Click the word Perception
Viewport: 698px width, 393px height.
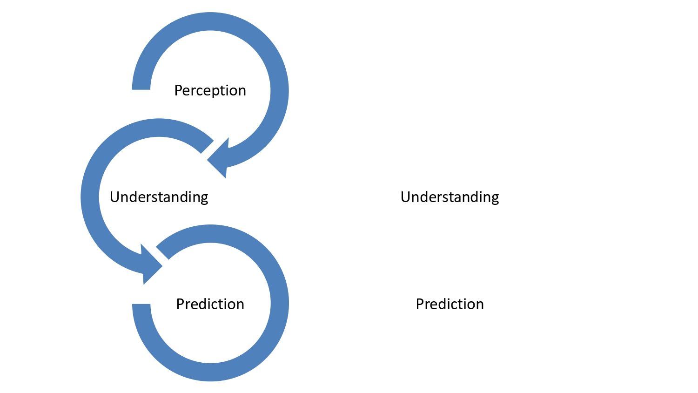point(210,90)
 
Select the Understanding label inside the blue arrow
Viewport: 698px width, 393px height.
point(159,197)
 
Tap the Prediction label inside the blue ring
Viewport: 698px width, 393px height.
point(210,304)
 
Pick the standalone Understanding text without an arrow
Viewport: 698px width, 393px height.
point(450,197)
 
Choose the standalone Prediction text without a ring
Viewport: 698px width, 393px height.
point(450,304)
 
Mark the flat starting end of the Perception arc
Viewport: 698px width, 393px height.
point(141,87)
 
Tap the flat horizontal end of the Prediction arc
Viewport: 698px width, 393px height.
point(141,307)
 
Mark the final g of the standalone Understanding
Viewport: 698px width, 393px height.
point(495,198)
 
